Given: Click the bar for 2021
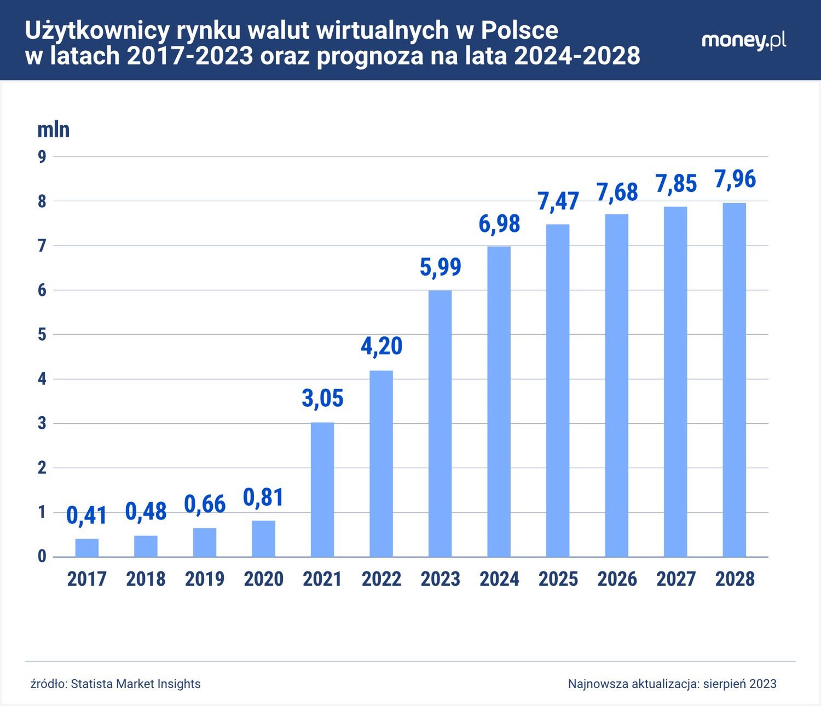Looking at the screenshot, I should [322, 489].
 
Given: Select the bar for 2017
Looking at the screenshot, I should [87, 548].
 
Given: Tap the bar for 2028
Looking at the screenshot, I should [734, 380].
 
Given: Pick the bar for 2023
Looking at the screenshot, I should [440, 423].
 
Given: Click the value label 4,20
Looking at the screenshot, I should [381, 346].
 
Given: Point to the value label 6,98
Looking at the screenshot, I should [499, 224].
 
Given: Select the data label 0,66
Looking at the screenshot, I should [205, 504].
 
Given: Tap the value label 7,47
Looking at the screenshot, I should [558, 201].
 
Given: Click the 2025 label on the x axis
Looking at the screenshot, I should [558, 579].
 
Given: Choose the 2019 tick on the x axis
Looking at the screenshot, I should [205, 579].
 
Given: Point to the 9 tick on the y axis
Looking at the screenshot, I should [42, 157].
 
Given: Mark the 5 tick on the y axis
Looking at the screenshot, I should [42, 335].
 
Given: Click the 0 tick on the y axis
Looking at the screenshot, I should [42, 557].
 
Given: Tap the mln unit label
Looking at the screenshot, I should [53, 130].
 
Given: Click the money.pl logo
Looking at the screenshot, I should [743, 41].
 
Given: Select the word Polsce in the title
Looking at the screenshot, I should [519, 31].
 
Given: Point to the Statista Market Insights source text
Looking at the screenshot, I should [136, 684].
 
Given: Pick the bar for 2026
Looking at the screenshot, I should [616, 386].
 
